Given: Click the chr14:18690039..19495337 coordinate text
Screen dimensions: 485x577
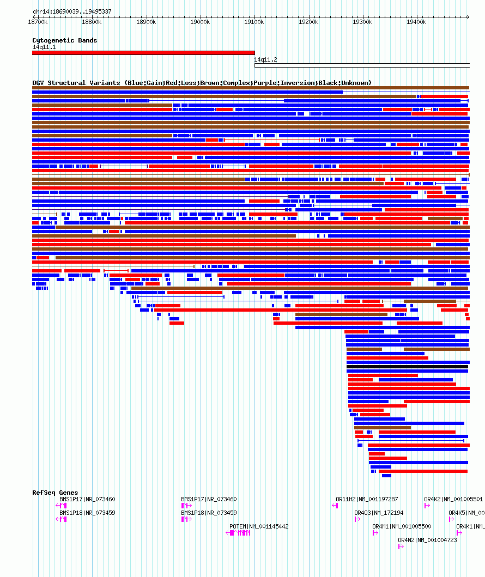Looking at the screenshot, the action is [x=72, y=11].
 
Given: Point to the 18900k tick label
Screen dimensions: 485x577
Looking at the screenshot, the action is [x=146, y=22].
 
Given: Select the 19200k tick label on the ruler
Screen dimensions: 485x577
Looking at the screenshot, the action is [x=308, y=22].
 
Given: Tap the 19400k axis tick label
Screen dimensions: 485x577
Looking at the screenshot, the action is [x=416, y=22].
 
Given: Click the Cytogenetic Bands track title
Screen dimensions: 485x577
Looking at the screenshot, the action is [x=65, y=40].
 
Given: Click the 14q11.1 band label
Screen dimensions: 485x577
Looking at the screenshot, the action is [x=44, y=47].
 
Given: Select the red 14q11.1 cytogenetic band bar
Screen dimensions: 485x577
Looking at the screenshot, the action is [x=143, y=53].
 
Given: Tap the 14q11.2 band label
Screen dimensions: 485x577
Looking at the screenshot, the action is [x=266, y=59].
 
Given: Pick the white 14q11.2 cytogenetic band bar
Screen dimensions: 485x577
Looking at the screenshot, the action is [x=362, y=65].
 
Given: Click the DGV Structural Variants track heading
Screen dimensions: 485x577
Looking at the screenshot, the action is [x=202, y=83].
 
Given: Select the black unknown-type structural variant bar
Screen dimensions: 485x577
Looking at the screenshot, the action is [x=408, y=367].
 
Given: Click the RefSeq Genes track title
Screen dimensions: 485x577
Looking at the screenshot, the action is [x=55, y=493].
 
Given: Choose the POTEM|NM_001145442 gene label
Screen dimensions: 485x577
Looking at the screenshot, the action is [x=259, y=526].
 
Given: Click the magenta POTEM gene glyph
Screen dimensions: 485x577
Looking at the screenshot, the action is [x=238, y=533].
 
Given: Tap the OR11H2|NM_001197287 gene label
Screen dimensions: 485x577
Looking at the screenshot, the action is [x=367, y=499].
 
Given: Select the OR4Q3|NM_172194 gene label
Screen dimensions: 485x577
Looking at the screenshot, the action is [x=379, y=513].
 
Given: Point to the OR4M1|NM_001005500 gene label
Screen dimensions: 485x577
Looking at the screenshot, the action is [x=402, y=526].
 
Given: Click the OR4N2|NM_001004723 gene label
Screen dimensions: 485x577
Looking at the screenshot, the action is [x=427, y=540].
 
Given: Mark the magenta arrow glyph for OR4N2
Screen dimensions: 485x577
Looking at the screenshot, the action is [x=401, y=546].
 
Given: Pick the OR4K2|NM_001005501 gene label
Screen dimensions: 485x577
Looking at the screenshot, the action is [x=453, y=499].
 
